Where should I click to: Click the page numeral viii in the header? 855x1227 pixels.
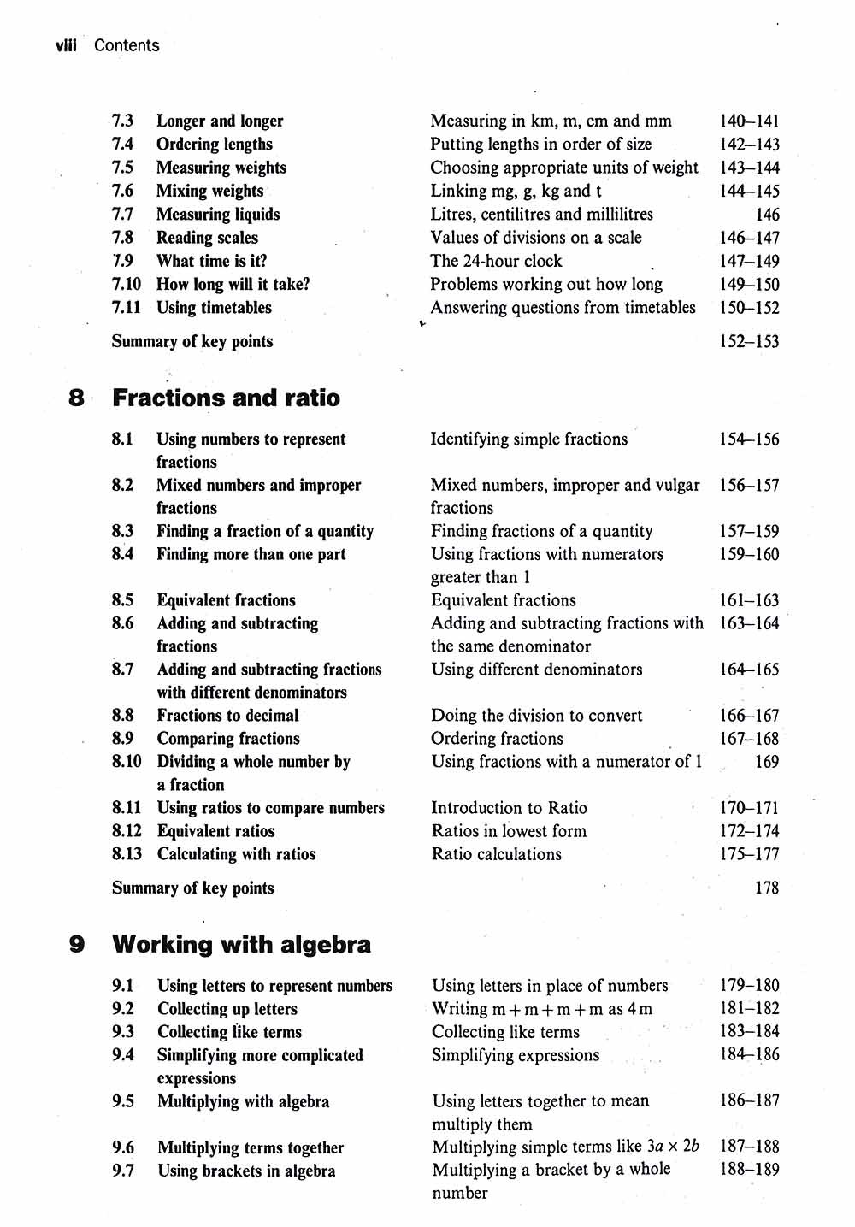(x=65, y=45)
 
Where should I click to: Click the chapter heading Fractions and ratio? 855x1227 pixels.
(x=226, y=398)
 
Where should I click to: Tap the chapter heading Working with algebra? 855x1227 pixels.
(x=241, y=944)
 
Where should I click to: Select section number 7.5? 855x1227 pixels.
(x=122, y=168)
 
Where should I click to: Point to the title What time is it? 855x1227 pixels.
(x=211, y=261)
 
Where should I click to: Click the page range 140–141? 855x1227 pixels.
(x=749, y=121)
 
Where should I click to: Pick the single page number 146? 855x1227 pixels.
(x=767, y=215)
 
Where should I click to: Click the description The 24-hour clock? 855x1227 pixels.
(x=496, y=261)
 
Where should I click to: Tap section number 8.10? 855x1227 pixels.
(x=127, y=761)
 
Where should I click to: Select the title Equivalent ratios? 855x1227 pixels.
(x=215, y=830)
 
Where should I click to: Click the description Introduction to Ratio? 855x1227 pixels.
(x=509, y=807)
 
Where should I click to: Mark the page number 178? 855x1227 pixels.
(x=766, y=888)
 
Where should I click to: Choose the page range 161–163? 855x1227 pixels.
(x=749, y=600)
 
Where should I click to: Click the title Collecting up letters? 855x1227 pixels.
(x=227, y=1009)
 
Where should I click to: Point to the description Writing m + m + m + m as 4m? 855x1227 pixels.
(x=541, y=1009)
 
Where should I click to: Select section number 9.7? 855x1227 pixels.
(x=123, y=1171)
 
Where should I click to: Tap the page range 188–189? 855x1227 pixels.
(x=749, y=1170)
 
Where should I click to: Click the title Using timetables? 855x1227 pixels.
(x=214, y=307)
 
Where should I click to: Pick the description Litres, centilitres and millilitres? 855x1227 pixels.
(x=541, y=214)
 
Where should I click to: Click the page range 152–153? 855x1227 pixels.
(x=749, y=341)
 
